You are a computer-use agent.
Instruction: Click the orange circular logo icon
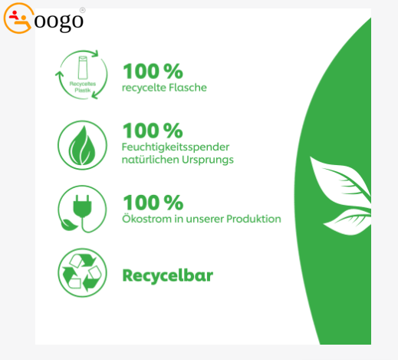pos(18,18)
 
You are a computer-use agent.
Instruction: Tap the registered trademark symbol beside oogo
pos(82,10)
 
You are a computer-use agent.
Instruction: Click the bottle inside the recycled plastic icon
pos(83,68)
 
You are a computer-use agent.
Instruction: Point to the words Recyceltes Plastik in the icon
pos(83,87)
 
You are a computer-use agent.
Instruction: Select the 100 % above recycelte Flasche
pos(153,71)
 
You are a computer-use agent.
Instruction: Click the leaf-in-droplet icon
pos(82,145)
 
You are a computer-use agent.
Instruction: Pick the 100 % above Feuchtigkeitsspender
pos(153,130)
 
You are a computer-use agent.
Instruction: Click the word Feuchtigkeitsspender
pos(176,147)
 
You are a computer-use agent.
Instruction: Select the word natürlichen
pos(150,160)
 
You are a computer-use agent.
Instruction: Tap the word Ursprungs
pos(208,160)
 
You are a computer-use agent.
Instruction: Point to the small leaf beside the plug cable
pos(68,225)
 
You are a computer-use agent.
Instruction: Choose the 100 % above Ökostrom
pos(153,203)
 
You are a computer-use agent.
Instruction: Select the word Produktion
pos(254,219)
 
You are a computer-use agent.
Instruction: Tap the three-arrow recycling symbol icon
pos(82,272)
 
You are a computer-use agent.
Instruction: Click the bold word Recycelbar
pos(168,276)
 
